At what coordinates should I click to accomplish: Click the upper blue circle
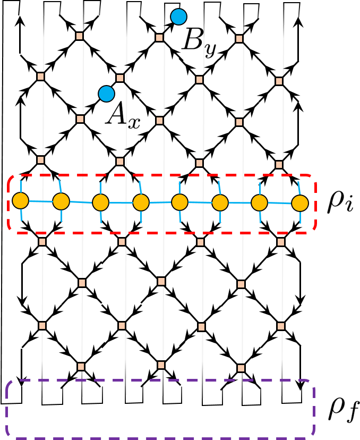coord(179,16)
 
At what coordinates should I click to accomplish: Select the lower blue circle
coord(107,94)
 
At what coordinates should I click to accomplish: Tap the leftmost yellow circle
coord(21,200)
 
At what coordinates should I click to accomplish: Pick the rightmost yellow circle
coord(300,203)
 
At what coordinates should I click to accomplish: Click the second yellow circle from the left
coord(61,201)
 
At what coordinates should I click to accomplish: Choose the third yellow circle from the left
coord(101,202)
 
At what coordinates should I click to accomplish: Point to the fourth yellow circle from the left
coord(141,202)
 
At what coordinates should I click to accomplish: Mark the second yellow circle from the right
coord(259,202)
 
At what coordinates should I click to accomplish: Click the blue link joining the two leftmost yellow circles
coord(41,201)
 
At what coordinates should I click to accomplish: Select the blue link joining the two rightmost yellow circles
coord(280,203)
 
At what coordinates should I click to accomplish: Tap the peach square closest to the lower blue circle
coord(120,78)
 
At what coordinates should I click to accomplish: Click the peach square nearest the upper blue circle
coord(159,38)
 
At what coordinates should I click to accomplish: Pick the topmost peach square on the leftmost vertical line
coord(41,77)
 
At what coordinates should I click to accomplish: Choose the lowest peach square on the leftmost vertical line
coord(42,326)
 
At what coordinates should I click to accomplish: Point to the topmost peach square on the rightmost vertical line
coord(279,81)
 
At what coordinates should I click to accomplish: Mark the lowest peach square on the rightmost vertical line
coord(281,326)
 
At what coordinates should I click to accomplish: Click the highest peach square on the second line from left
coord(80,36)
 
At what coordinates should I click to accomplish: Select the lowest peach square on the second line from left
coord(81,367)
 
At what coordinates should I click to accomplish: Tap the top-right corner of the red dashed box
coord(314,177)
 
